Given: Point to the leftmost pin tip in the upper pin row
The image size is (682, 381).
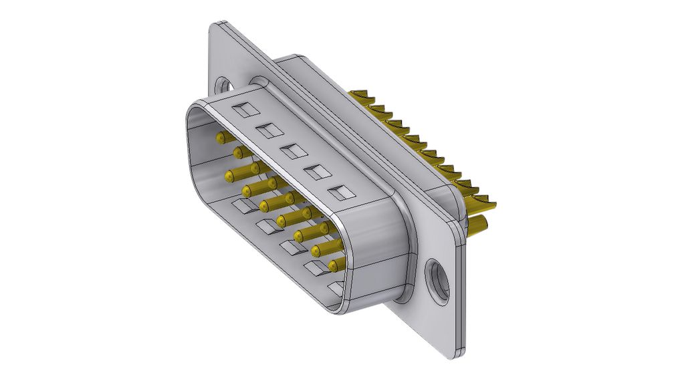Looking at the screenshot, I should pyautogui.click(x=219, y=138).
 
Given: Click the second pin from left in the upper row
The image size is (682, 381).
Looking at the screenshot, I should pyautogui.click(x=237, y=153).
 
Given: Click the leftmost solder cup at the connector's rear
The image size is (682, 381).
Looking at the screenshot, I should pyautogui.click(x=361, y=96).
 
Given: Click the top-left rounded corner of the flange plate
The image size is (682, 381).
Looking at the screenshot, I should pyautogui.click(x=216, y=27).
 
